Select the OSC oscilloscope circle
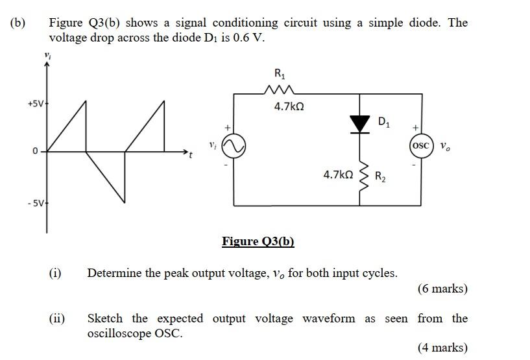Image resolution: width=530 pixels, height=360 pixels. pyautogui.click(x=420, y=145)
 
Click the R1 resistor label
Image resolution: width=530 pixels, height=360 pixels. pyautogui.click(x=281, y=75)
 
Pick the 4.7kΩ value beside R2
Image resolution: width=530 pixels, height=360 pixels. pyautogui.click(x=338, y=174)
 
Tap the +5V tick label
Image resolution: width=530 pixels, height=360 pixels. pyautogui.click(x=36, y=104)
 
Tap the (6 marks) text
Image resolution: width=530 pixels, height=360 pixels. pyautogui.click(x=442, y=289)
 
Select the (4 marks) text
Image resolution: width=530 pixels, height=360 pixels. pyautogui.click(x=442, y=348)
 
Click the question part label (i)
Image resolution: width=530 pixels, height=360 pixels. pyautogui.click(x=55, y=272)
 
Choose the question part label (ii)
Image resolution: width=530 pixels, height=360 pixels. pyautogui.click(x=56, y=318)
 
